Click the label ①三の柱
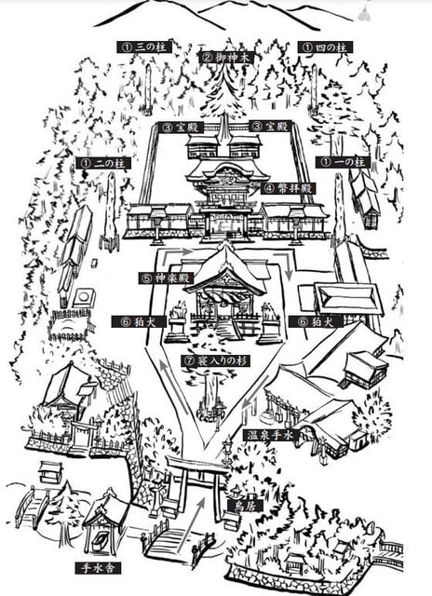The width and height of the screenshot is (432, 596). point(144,47)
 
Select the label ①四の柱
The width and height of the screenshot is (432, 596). point(325,47)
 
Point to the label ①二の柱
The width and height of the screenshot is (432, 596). point(103,164)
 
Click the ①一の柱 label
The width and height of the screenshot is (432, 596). point(343,162)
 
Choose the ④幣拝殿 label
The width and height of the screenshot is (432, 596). point(288,188)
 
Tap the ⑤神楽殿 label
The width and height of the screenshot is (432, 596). point(167,278)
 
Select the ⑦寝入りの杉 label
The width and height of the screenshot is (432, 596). point(215,360)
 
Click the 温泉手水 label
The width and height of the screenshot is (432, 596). point(270,435)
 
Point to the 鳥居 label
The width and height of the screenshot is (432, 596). point(245,505)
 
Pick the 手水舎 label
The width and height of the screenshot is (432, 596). point(98,568)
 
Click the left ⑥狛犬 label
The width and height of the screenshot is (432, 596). point(139,321)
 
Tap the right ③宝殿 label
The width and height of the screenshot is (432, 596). point(270,127)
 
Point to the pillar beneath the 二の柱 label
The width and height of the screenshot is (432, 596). point(111,211)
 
